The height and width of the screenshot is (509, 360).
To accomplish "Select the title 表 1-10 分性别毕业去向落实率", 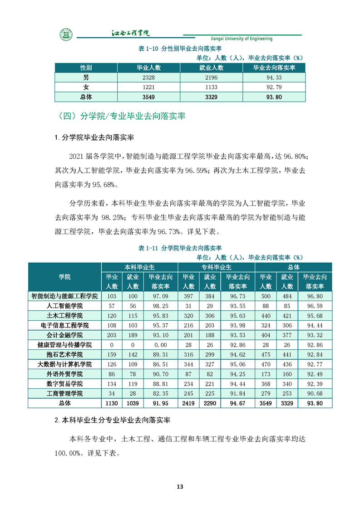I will (x=179, y=49).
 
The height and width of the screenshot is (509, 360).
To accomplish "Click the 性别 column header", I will (x=86, y=67).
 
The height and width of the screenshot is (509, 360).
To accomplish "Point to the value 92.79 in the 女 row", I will (x=274, y=87).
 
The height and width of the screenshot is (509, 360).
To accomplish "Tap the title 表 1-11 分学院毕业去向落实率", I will (x=179, y=248).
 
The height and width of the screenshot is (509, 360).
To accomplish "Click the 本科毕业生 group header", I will (x=140, y=267).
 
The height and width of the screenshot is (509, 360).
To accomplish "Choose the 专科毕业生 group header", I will (x=217, y=267).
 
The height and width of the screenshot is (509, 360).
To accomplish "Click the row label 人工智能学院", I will (x=64, y=306).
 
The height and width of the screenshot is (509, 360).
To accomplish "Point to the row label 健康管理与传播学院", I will (x=64, y=345).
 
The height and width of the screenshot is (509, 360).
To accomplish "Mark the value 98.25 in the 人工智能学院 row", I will (x=161, y=306).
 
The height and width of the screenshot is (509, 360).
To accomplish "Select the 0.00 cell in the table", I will (x=161, y=345).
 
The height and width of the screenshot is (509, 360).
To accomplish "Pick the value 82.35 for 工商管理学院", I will (x=161, y=393).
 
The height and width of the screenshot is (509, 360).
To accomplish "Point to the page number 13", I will (x=180, y=487).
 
